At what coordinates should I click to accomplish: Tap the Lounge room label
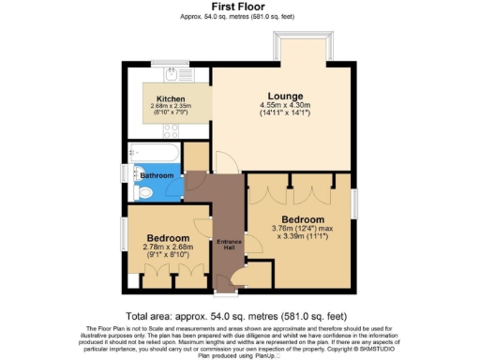283,97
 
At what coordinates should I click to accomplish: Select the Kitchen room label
171,98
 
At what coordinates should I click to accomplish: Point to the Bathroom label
157,175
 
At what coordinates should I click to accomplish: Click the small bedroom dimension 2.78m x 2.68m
166,247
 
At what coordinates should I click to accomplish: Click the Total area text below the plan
240,316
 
